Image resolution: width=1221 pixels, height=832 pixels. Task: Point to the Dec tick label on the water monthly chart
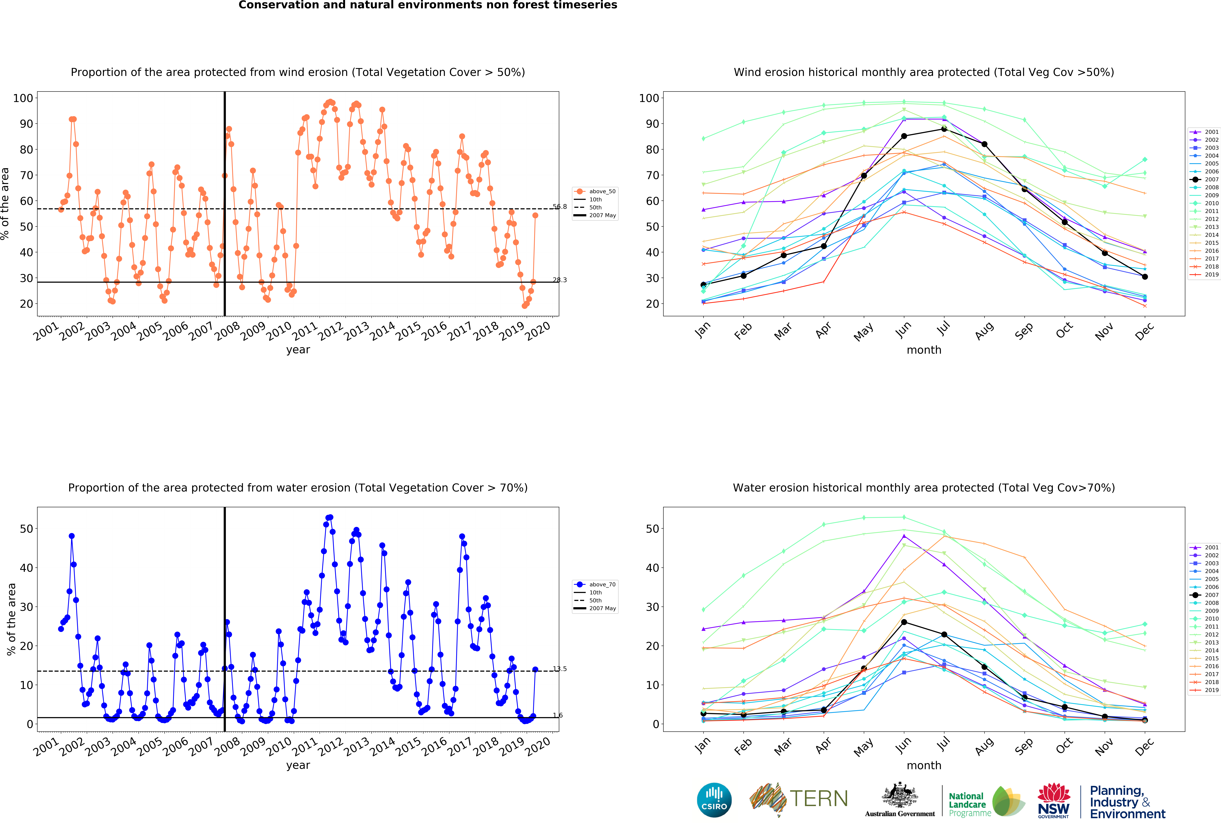[x=1144, y=746]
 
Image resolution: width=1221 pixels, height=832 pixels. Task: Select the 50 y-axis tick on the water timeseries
[x=26, y=529]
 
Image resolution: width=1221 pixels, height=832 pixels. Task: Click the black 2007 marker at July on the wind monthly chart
[x=944, y=129]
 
